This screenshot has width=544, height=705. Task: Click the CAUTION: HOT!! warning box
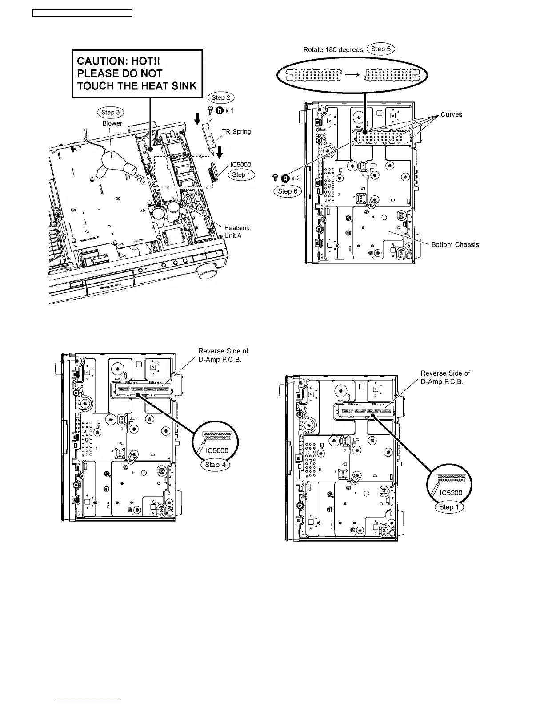coord(137,73)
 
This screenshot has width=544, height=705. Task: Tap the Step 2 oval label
coord(221,97)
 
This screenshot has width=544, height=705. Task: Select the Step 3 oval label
coord(111,113)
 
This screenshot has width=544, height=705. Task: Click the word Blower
coord(112,123)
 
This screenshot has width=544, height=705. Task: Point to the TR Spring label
coord(236,132)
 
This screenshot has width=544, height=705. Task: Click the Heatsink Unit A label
coord(236,231)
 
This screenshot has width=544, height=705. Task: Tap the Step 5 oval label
coord(381,49)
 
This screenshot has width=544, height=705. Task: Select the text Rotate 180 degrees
coord(333,49)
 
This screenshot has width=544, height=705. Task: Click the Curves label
coord(451,114)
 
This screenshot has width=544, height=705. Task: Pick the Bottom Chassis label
coord(455,244)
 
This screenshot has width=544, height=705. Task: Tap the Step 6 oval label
coord(287,191)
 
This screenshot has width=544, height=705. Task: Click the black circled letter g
coord(285,178)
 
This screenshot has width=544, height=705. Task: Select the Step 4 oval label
coord(215,465)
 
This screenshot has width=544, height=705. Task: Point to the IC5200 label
coord(451,493)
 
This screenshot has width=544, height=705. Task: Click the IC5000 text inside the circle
coord(217,450)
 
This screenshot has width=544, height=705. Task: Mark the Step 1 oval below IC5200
coord(449,507)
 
